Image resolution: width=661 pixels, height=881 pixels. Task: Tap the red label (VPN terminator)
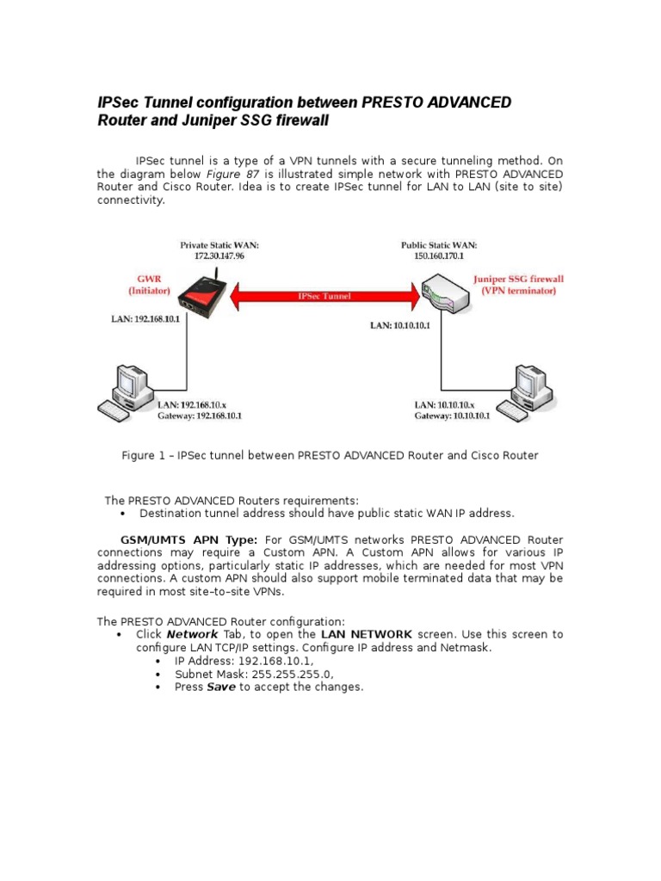(x=518, y=291)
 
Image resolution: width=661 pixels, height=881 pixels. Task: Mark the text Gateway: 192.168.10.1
(x=200, y=416)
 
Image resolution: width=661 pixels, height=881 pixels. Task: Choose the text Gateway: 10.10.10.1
(x=452, y=416)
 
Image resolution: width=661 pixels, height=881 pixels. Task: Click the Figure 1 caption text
(x=330, y=455)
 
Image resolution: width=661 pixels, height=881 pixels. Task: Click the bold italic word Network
(x=192, y=634)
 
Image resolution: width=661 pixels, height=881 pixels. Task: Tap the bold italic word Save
(x=221, y=687)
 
